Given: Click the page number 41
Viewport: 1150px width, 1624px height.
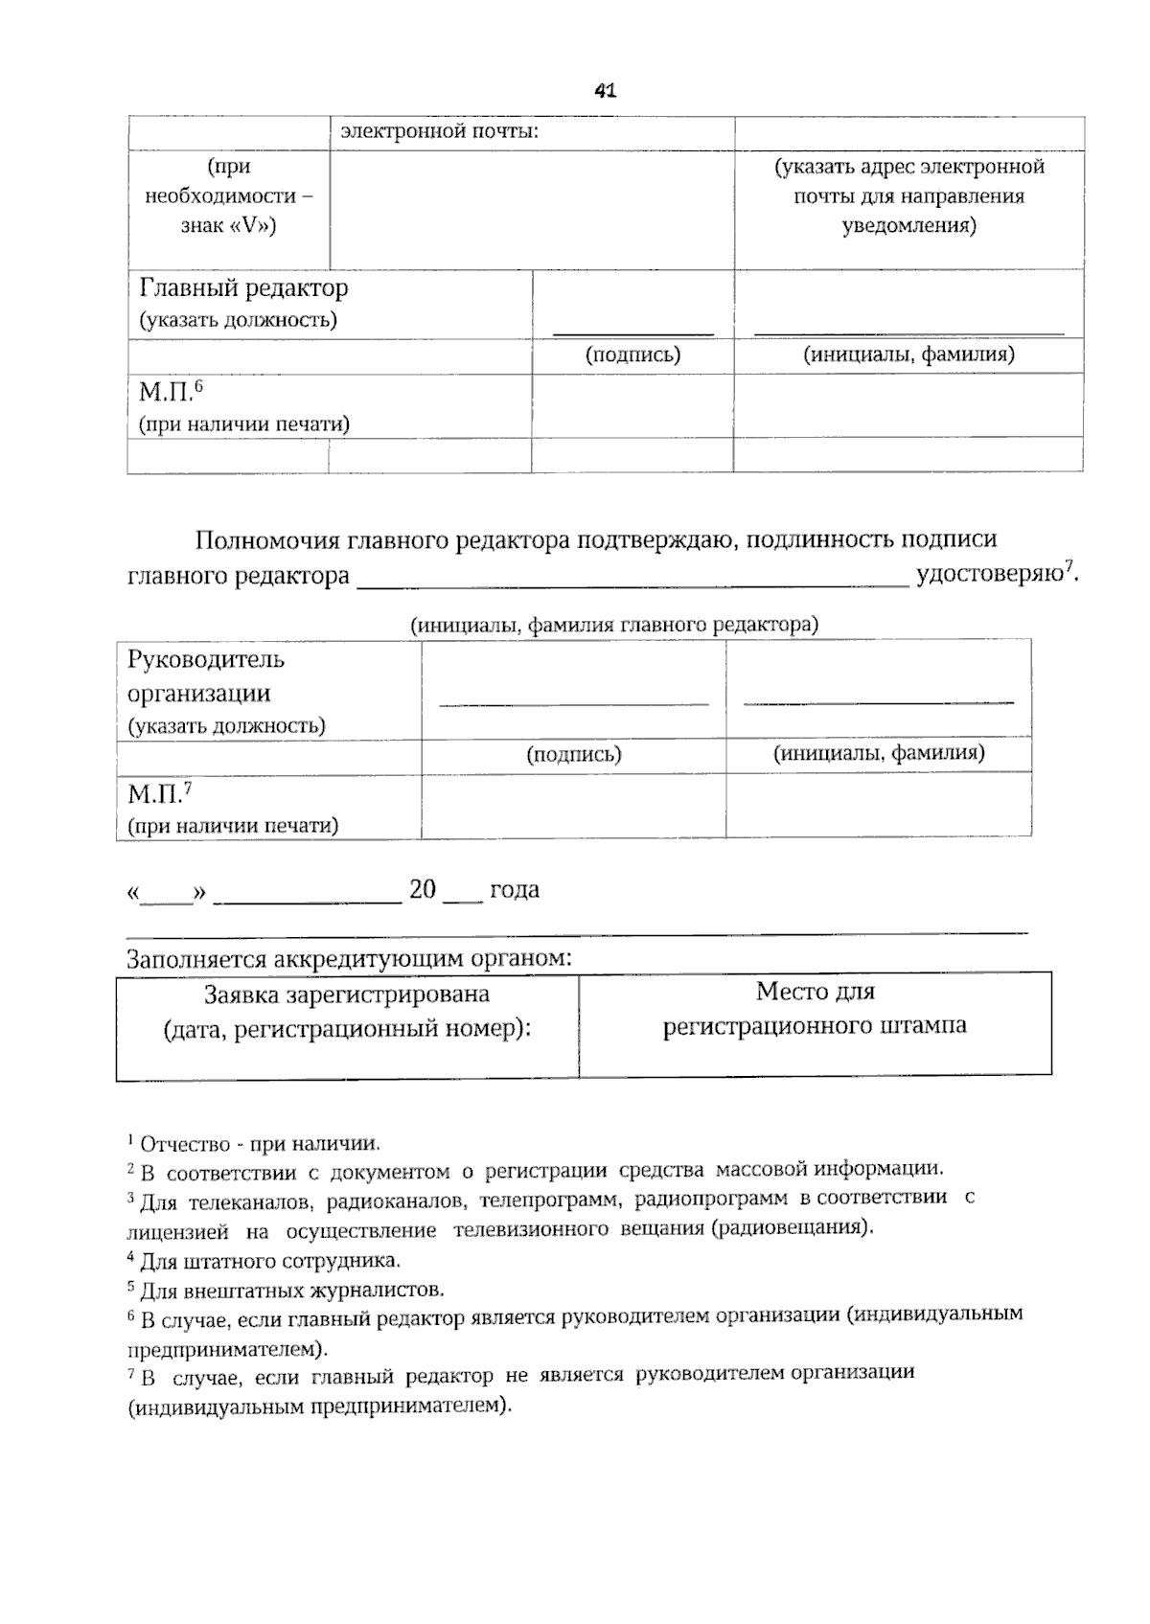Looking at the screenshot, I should [605, 91].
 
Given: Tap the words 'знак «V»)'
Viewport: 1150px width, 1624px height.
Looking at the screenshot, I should [228, 226].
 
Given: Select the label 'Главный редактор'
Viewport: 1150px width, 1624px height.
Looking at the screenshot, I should [243, 287].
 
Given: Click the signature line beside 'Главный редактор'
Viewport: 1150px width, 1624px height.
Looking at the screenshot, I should [633, 331].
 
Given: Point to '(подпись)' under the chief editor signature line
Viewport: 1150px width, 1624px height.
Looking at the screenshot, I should [632, 355].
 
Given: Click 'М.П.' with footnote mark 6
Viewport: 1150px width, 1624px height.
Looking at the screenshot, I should [165, 393].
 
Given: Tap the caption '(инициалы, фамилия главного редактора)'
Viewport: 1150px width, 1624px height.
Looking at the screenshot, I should [614, 625].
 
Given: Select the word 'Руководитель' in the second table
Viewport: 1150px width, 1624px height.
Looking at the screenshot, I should [206, 659].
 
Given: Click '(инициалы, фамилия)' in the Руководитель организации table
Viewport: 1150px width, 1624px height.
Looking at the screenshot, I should [879, 753].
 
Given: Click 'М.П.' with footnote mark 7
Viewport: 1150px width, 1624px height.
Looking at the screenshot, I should [154, 794].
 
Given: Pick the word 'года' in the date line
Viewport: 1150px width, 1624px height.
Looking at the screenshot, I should [515, 889].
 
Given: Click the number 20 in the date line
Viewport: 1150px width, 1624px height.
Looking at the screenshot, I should [423, 889].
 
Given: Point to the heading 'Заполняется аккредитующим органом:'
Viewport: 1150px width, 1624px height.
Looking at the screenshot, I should [350, 958].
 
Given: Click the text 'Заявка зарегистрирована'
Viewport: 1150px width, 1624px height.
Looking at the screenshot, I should [347, 995].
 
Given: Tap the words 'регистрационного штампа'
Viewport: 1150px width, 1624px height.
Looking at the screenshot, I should [815, 1026].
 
